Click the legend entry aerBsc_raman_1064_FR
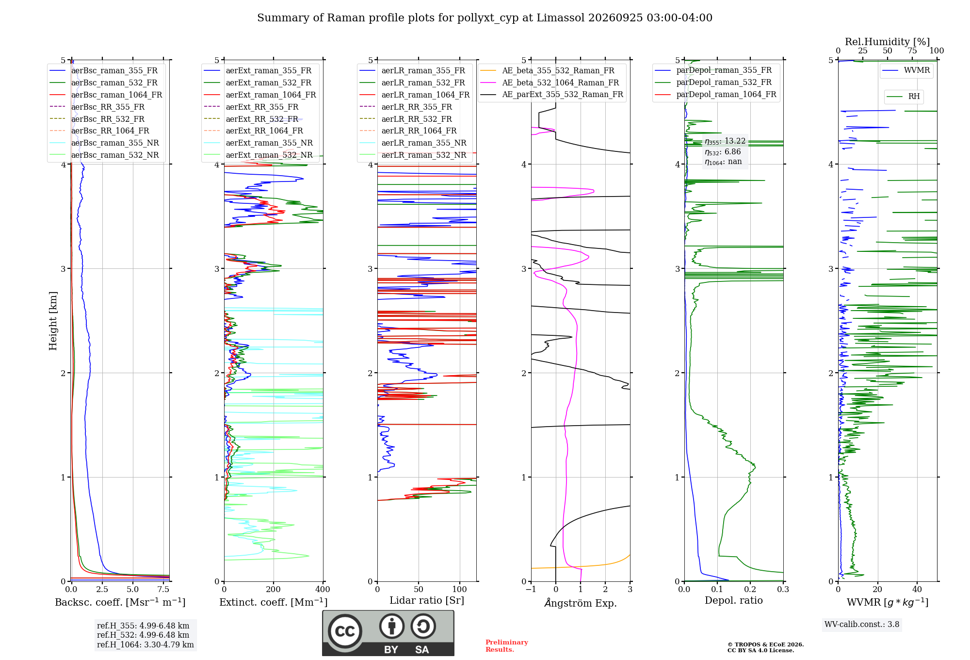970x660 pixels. pos(106,95)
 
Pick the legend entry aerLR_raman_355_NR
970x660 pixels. pos(413,143)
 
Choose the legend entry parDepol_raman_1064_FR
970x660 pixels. pos(715,94)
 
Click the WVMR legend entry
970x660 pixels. pos(906,70)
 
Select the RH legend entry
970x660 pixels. pos(903,97)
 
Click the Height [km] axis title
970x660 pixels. pos(53,321)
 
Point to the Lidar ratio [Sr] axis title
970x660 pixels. pos(427,600)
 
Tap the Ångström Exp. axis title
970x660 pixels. pos(581,603)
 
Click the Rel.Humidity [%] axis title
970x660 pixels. pos(888,42)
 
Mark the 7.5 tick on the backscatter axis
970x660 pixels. pos(163,589)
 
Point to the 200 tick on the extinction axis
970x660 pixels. pos(274,589)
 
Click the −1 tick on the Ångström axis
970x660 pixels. pos(531,589)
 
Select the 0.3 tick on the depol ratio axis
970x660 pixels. pos(783,589)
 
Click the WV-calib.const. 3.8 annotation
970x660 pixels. pos(862,624)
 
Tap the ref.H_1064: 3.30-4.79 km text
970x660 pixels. pos(145,644)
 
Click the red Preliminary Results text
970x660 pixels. pos(507,645)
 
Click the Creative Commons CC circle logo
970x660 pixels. pos(345,631)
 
